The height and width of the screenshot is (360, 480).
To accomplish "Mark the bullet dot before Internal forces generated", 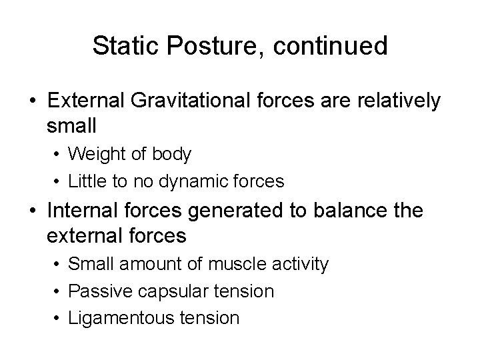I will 33,212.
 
